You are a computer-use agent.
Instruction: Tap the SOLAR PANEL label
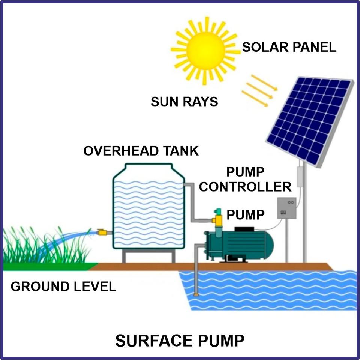(289, 48)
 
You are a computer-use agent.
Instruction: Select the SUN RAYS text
(184, 102)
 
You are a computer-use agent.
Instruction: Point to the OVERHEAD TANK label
(141, 151)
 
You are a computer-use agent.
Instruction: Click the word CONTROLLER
(245, 186)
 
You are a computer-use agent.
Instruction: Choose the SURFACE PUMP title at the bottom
(180, 341)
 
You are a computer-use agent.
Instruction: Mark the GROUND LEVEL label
(63, 287)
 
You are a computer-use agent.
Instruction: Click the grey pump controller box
(286, 208)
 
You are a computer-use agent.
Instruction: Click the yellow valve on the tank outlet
(102, 232)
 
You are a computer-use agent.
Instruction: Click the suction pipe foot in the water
(196, 295)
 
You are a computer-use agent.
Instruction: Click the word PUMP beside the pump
(246, 215)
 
